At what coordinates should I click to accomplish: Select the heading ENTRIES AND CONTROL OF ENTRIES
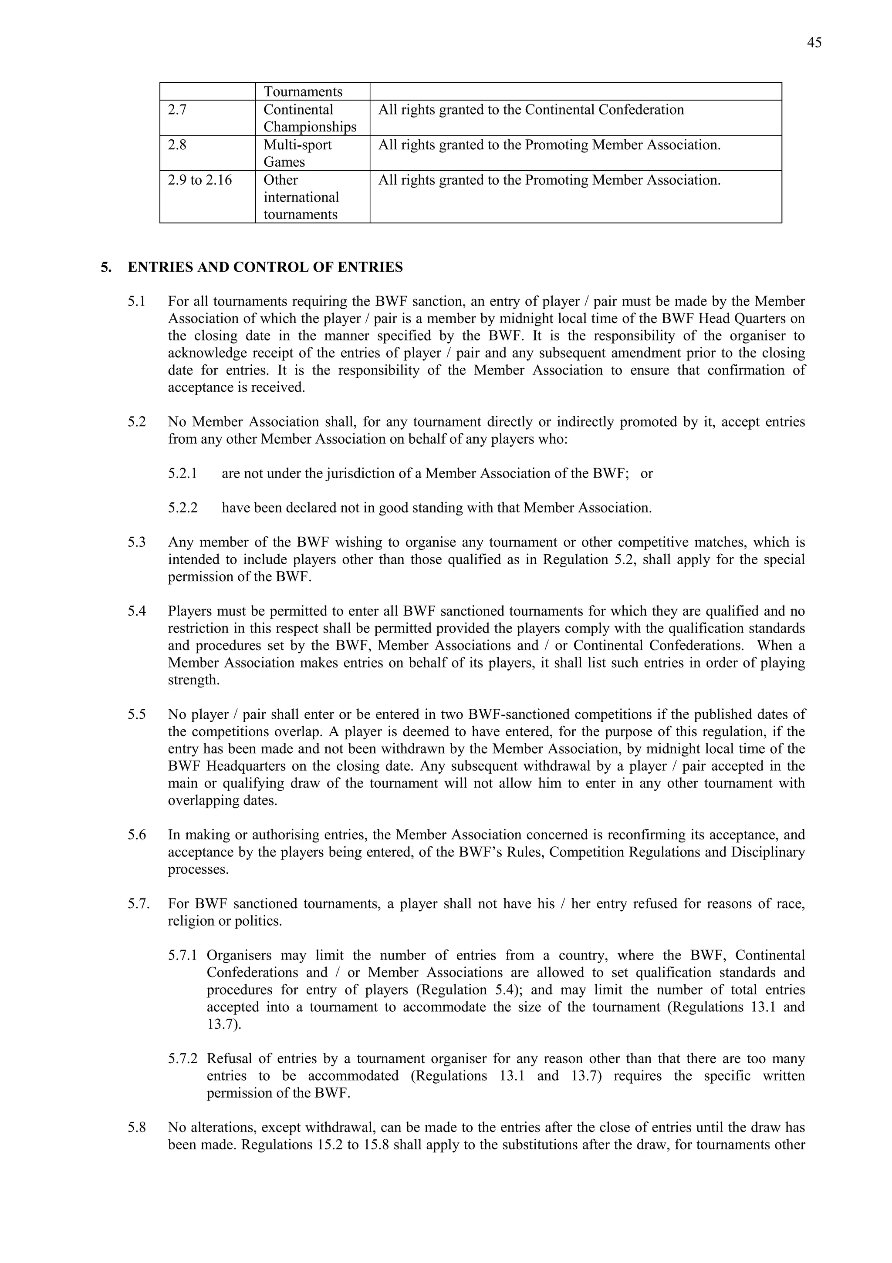tap(265, 267)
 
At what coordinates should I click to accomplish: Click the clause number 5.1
tap(136, 301)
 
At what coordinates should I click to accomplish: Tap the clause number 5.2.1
tap(182, 474)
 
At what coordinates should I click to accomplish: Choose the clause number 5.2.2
tap(182, 508)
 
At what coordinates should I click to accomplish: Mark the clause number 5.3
tap(136, 542)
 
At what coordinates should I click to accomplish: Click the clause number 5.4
tap(136, 611)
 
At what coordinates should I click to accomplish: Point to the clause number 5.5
tap(136, 714)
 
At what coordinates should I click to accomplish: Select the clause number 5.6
tap(136, 835)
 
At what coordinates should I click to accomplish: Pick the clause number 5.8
tap(136, 1128)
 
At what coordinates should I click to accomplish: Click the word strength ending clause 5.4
tap(193, 680)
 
